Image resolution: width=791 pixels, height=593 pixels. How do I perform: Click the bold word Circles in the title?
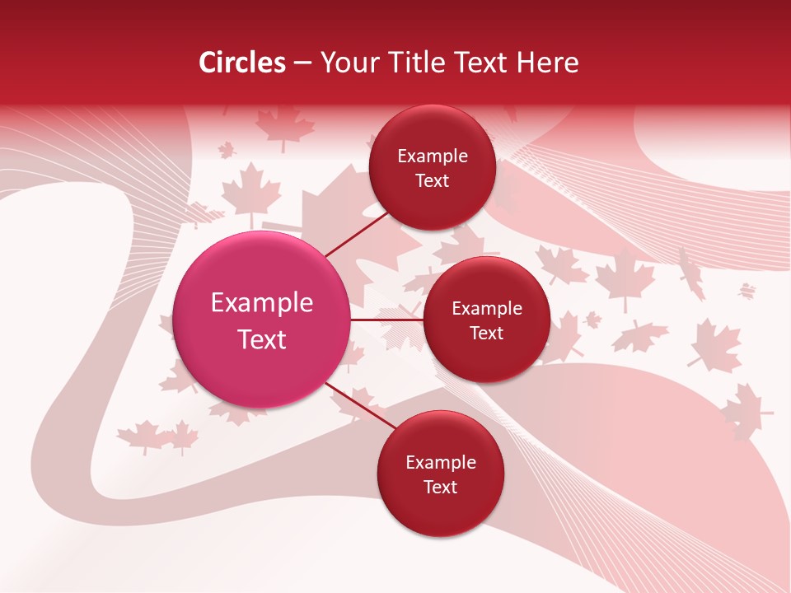tap(242, 63)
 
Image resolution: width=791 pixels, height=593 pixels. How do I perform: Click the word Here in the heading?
tap(547, 63)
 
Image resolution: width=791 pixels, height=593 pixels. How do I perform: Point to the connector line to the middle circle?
tap(386, 320)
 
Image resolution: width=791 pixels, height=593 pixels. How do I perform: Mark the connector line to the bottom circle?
tap(361, 407)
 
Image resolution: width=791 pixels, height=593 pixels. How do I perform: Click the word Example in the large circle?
tap(262, 303)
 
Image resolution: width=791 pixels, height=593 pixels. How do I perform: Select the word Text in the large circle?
tap(262, 339)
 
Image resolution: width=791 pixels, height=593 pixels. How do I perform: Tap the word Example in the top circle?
tap(433, 156)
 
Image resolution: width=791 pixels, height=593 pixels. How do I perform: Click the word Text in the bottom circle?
tap(440, 487)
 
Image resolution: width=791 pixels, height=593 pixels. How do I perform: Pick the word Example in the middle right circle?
tap(487, 309)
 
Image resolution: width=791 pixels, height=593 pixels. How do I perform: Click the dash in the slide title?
tap(302, 63)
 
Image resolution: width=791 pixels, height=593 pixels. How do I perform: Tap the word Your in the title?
tap(346, 63)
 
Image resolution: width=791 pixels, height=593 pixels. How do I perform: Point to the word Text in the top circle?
tap(432, 181)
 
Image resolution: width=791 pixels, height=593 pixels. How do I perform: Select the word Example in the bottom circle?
tap(441, 463)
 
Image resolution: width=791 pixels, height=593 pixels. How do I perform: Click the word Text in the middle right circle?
tap(486, 334)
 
